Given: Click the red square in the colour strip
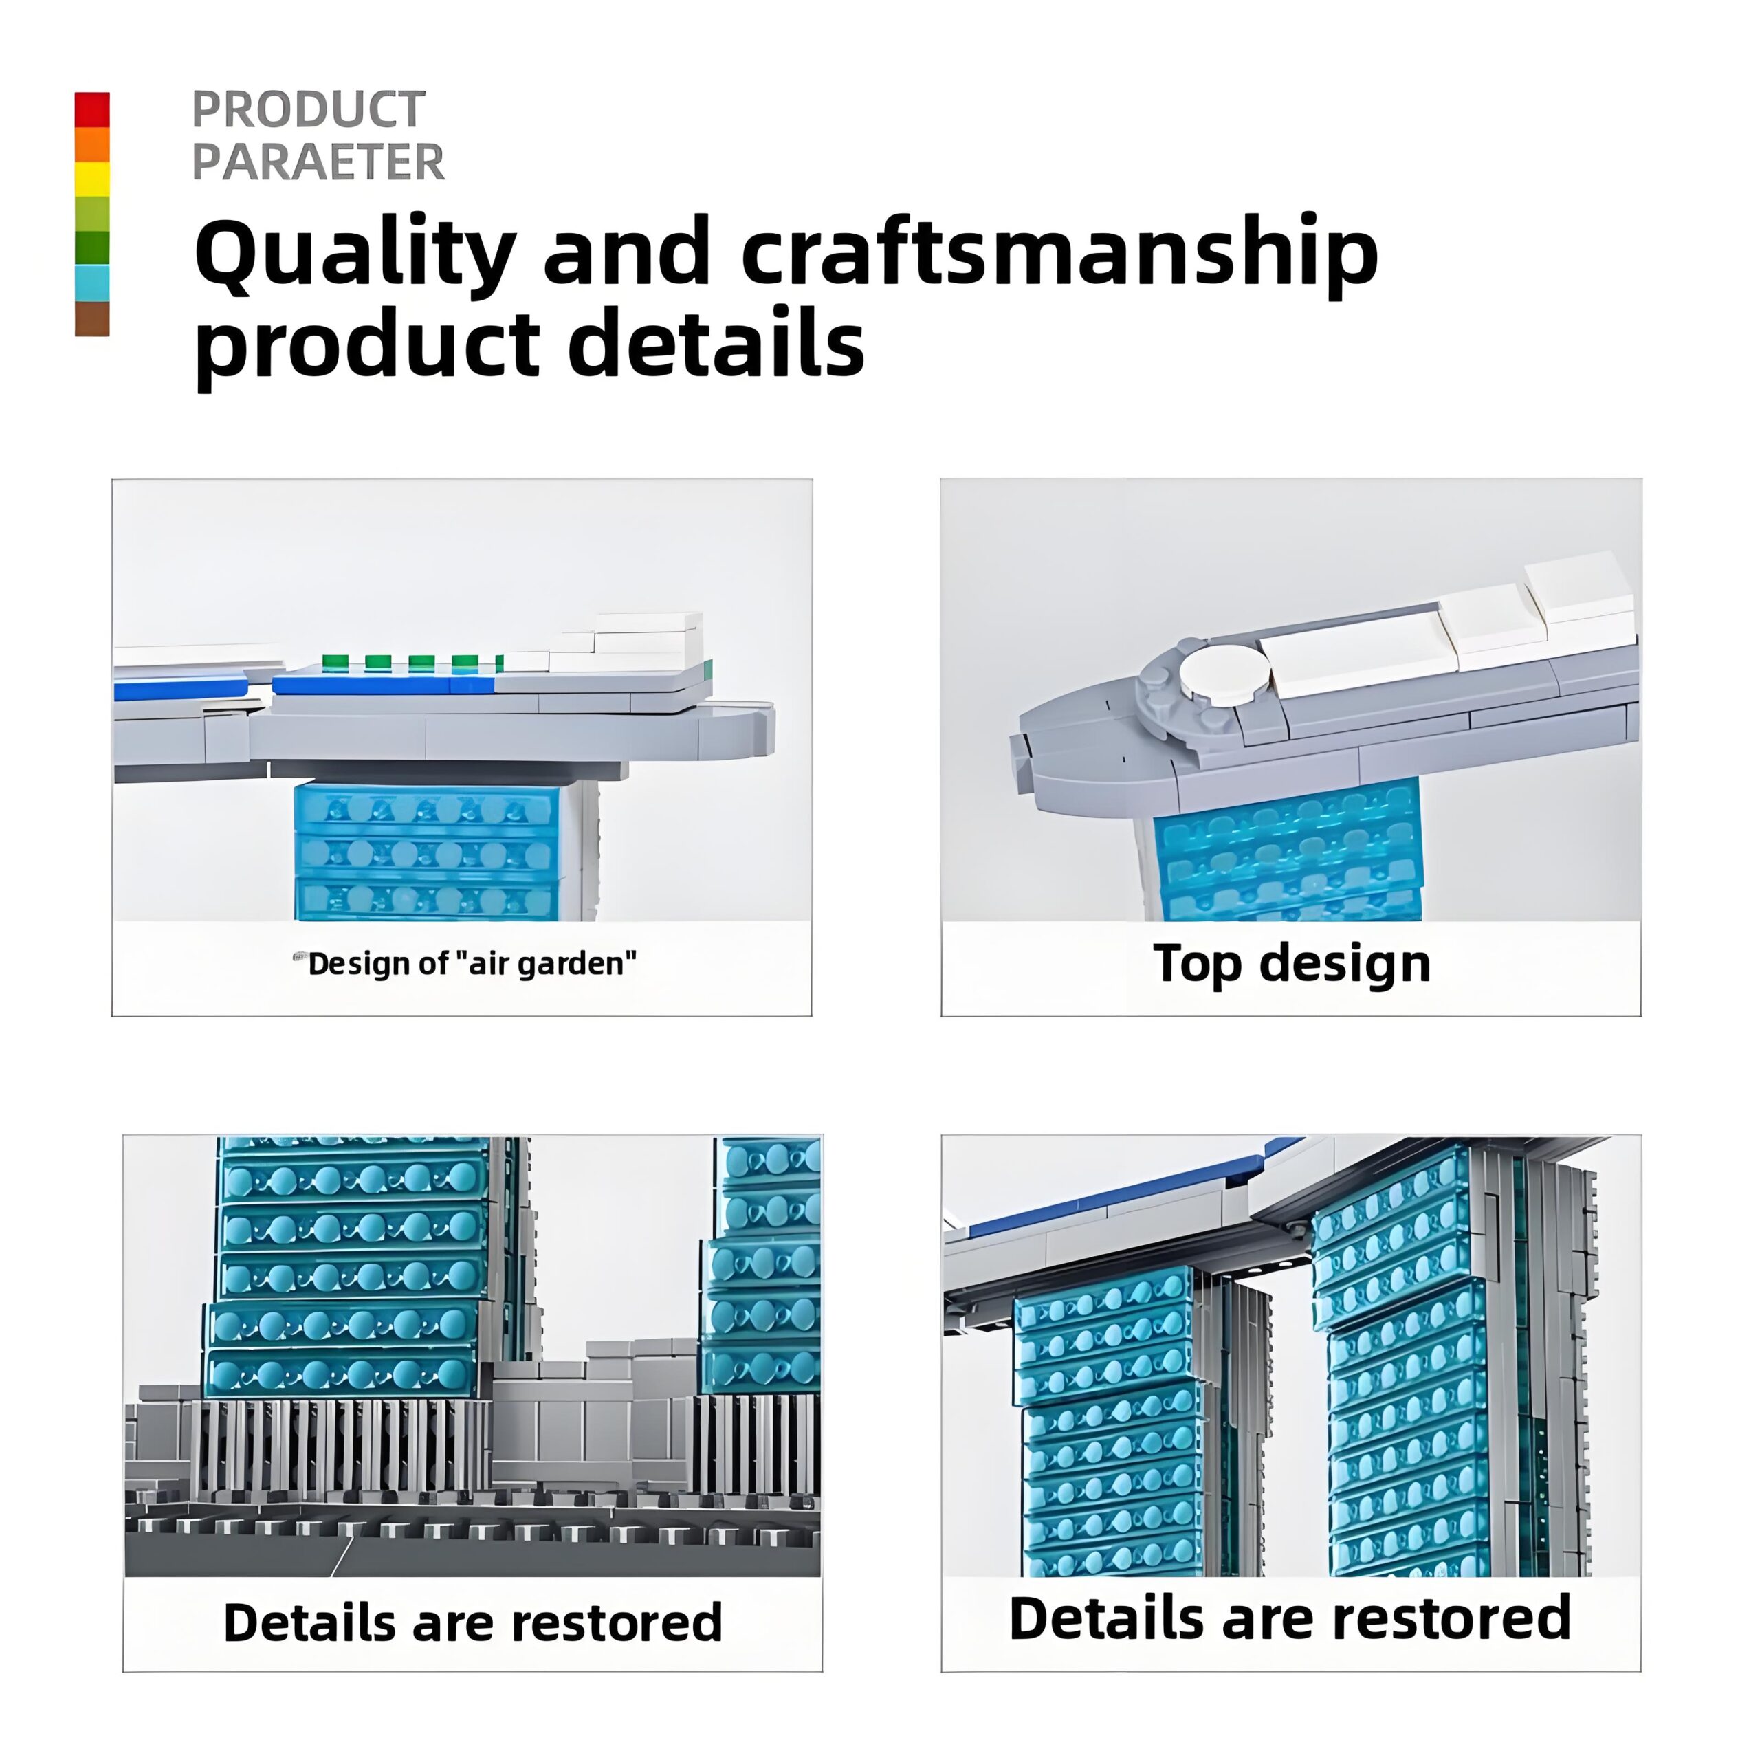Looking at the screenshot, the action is tap(92, 109).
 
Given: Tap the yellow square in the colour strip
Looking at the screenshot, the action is tap(92, 179).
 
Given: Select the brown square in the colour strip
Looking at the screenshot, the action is tap(92, 319).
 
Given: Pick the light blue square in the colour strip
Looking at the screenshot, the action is tap(92, 283).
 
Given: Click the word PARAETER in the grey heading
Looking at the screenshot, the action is tap(318, 162).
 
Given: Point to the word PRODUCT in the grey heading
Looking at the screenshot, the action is tap(308, 110).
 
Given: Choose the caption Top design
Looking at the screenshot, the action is tap(1291, 964).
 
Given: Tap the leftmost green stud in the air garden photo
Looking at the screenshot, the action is tap(334, 661).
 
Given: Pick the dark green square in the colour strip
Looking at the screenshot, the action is tap(92, 249).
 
